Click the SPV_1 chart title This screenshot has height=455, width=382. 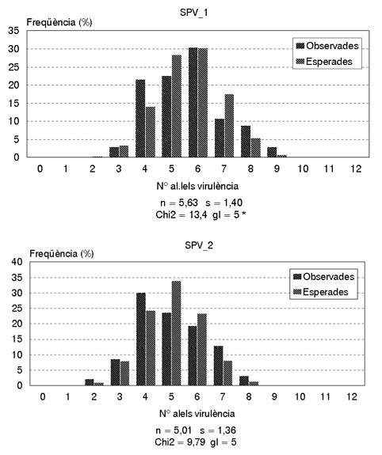click(194, 13)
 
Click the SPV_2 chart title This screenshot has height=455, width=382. click(199, 245)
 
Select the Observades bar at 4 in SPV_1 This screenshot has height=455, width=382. click(140, 119)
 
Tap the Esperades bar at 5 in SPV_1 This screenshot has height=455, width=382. click(177, 106)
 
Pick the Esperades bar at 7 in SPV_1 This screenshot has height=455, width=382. click(229, 126)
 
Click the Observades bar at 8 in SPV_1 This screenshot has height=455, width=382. click(246, 142)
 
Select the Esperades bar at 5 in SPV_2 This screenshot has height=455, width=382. click(176, 333)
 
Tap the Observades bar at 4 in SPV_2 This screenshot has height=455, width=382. click(141, 339)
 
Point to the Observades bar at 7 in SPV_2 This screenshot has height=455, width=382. click(218, 366)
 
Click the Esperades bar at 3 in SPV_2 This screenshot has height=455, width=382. click(124, 373)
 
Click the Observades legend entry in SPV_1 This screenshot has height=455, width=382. click(327, 46)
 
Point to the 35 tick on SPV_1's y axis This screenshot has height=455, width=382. click(13, 31)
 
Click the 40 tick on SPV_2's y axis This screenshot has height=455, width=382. click(17, 262)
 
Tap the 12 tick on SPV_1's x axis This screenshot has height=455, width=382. click(356, 169)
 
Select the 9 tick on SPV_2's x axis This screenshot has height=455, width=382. click(274, 396)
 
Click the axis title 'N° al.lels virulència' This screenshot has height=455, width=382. click(197, 186)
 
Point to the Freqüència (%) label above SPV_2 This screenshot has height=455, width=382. click(62, 254)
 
